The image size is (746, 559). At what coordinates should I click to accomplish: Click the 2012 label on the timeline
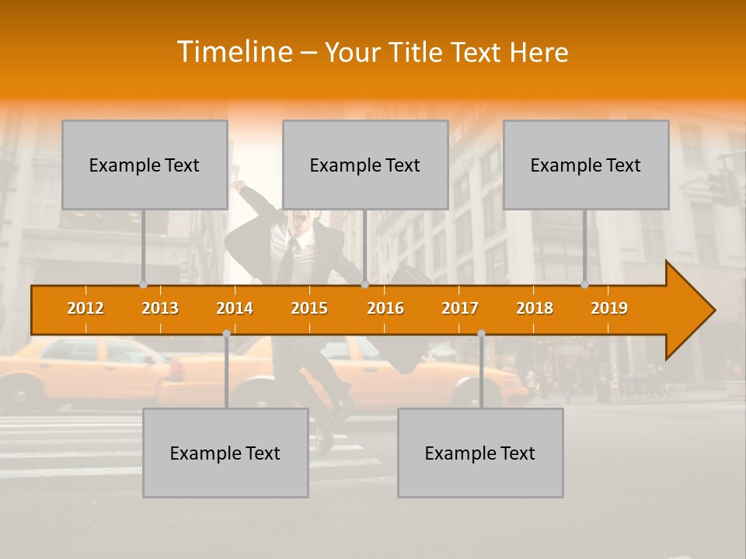[x=85, y=308]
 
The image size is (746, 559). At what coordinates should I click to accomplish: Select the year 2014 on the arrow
[x=235, y=308]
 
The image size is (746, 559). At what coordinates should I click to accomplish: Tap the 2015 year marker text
[x=309, y=308]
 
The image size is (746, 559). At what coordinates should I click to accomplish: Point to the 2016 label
[x=385, y=308]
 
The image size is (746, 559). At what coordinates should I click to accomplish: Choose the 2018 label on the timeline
[x=535, y=308]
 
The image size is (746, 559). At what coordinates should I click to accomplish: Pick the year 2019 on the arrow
[x=609, y=308]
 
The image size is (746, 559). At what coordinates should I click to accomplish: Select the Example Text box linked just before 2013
[x=145, y=165]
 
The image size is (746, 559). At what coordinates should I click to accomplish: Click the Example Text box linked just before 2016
[x=365, y=165]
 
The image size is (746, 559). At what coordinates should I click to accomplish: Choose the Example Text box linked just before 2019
[x=586, y=165]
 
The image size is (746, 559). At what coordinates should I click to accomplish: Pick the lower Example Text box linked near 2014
[x=225, y=453]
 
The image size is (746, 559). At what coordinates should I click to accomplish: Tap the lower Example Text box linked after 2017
[x=480, y=453]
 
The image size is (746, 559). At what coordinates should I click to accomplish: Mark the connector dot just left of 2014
[x=226, y=333]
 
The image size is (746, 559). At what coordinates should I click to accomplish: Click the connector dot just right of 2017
[x=481, y=333]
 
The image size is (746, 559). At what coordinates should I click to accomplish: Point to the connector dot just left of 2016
[x=364, y=285]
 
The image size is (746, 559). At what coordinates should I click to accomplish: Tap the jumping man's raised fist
[x=237, y=186]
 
